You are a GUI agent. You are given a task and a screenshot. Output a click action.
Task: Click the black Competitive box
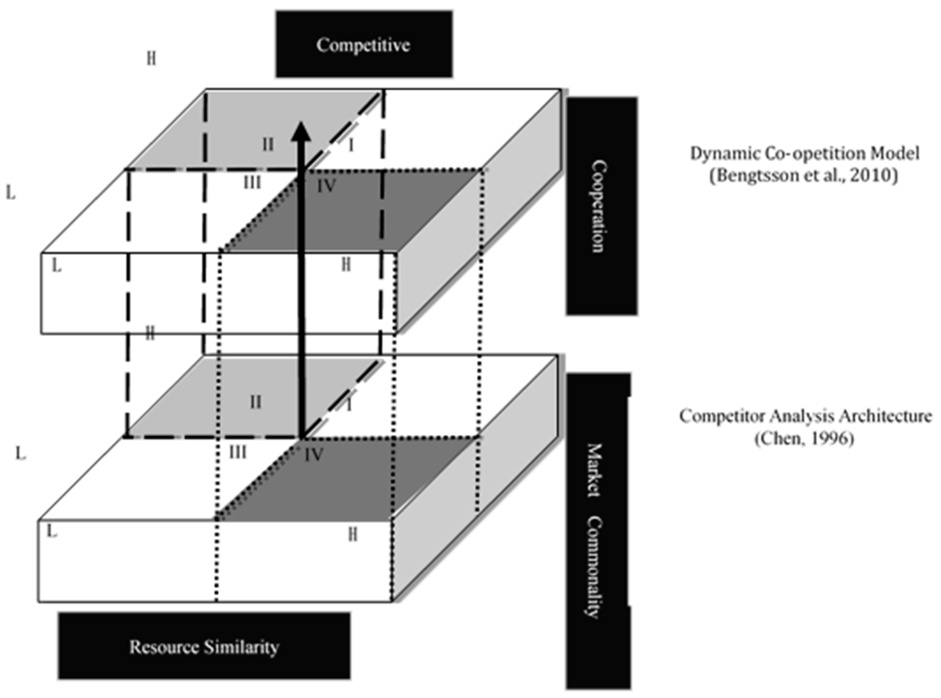click(x=364, y=44)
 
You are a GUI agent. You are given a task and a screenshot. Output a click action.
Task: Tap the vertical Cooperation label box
click(x=601, y=206)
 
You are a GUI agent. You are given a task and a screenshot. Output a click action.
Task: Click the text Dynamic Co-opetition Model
click(x=805, y=153)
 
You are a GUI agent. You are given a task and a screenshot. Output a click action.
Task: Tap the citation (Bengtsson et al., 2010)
click(x=804, y=176)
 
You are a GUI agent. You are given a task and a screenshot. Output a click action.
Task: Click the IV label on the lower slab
click(x=314, y=455)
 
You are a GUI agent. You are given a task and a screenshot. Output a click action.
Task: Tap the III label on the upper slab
click(x=252, y=183)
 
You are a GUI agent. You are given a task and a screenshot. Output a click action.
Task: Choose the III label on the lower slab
click(x=238, y=453)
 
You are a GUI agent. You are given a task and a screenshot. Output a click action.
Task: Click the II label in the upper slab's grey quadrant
click(x=268, y=145)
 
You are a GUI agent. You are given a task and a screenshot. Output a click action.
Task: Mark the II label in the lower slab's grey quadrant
click(x=255, y=402)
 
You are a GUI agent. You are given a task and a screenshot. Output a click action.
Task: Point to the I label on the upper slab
click(x=351, y=146)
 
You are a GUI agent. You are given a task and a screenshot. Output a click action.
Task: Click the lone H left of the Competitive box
click(x=151, y=58)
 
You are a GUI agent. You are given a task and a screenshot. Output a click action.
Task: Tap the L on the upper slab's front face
click(x=56, y=266)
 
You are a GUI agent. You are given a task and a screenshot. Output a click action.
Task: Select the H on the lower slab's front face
click(x=353, y=535)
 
